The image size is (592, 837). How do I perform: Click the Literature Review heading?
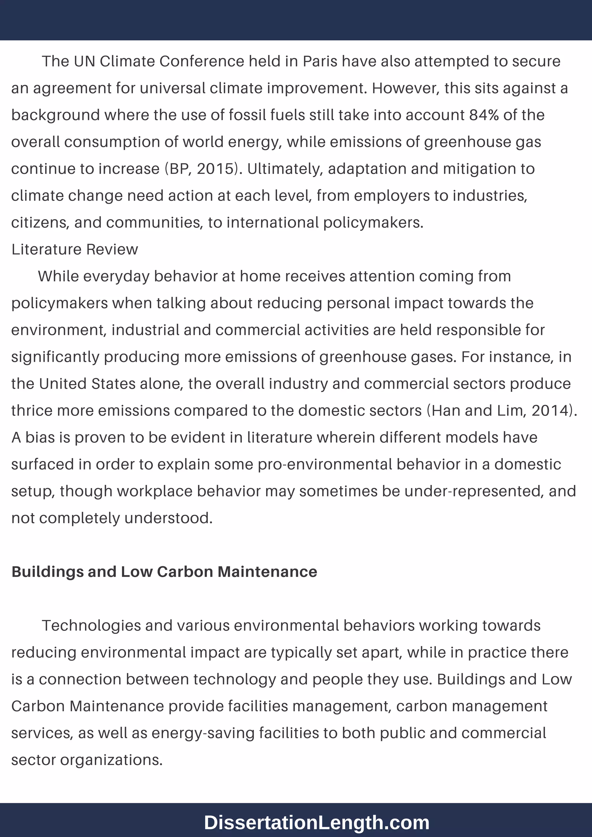pos(75,250)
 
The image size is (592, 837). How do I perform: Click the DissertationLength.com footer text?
pos(317,823)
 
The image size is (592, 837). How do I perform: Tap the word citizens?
pos(40,223)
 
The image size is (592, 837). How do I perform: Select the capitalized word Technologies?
pos(91,625)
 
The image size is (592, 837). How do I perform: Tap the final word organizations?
pos(111,760)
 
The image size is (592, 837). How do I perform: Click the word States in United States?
pos(113,384)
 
